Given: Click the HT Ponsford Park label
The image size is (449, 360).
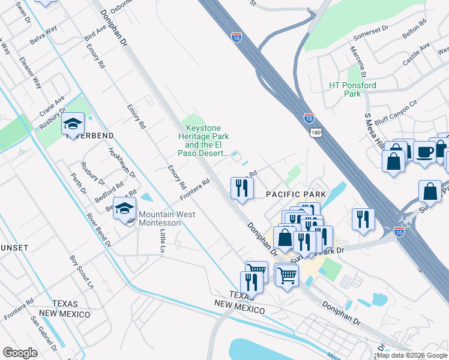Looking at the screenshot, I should pos(352,89).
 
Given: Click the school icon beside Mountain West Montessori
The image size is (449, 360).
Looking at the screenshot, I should pos(124,209).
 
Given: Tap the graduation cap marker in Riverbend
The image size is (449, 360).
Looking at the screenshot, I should pos(73,124).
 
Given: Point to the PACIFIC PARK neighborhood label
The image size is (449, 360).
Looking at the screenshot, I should pos(296,194).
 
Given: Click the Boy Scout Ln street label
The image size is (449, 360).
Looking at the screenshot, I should pos(82,269).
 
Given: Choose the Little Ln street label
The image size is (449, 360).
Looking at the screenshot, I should pos(162,240).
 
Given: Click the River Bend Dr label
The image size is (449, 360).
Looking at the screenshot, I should pos(98,230).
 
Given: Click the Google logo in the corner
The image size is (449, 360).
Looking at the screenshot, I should pos(20,352).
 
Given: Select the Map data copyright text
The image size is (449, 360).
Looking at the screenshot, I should pos(412,355).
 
